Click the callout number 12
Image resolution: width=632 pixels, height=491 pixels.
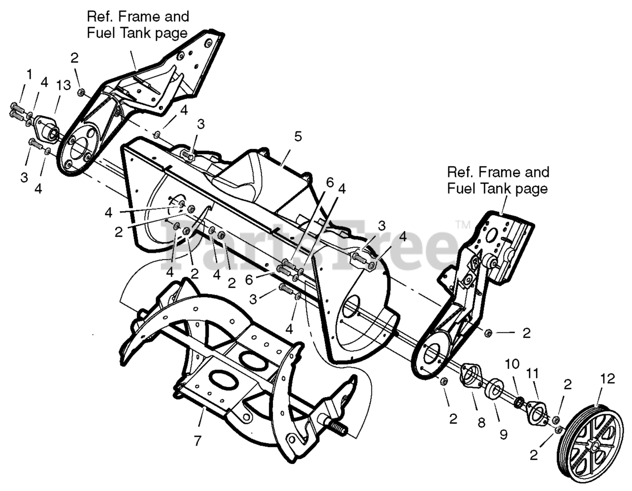point(608,379)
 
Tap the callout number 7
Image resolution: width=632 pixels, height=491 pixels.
point(197,441)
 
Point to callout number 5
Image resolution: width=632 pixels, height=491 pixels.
point(297,136)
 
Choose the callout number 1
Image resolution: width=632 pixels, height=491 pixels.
point(29,75)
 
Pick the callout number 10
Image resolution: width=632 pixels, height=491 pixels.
point(513,364)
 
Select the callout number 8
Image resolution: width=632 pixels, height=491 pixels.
point(481,422)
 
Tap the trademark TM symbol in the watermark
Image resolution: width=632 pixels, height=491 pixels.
point(463,225)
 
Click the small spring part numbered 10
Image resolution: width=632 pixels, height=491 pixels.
point(519,402)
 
